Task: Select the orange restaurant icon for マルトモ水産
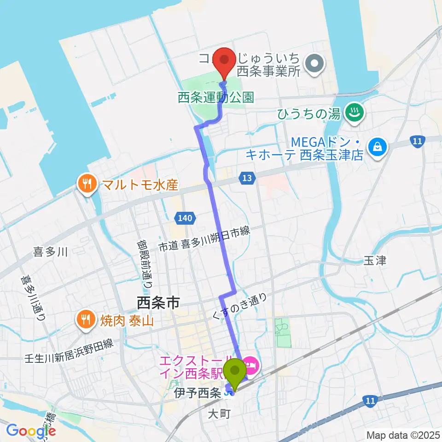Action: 86,185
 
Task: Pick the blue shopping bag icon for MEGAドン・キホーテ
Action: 378,148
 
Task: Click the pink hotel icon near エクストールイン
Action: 251,367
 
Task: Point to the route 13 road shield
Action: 247,178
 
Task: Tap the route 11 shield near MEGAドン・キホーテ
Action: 418,141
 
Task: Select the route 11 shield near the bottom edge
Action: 370,401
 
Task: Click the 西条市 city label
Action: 158,302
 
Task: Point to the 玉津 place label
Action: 374,261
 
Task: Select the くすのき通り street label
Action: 239,308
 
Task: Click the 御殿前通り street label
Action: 144,264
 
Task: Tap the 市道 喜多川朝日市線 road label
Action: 204,239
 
